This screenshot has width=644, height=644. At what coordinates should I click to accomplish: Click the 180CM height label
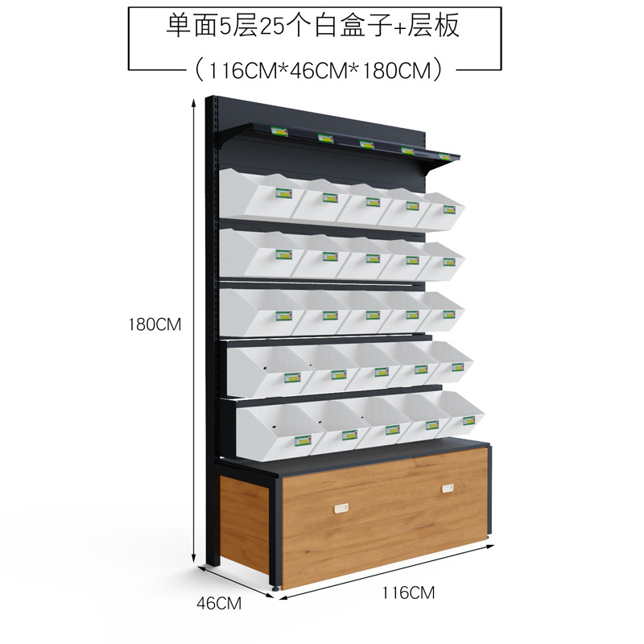156,325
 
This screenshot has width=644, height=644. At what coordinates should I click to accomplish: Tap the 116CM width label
408,593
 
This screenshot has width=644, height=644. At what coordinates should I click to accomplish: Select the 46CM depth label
219,602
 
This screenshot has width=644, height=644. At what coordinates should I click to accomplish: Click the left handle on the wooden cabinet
340,507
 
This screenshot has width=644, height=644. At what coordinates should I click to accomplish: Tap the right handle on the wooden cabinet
447,488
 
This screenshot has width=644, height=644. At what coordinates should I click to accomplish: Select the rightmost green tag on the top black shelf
445,156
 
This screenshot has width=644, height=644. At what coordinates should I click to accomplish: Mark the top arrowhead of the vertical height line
194,101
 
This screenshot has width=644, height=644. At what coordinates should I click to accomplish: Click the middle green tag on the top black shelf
366,144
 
